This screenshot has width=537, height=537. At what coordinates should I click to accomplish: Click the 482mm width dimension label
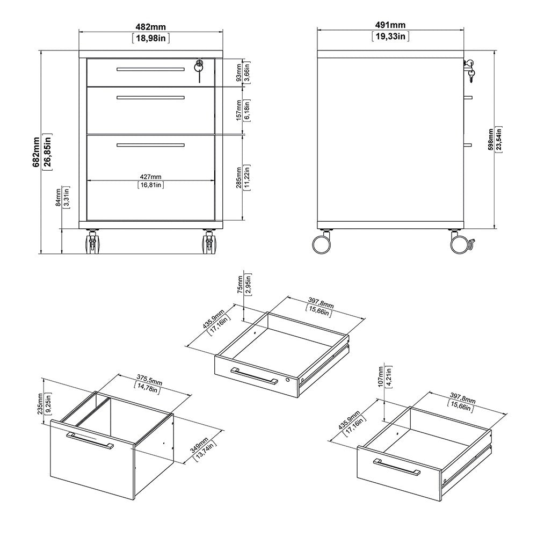tap(150, 25)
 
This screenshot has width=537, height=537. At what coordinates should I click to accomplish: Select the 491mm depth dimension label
tap(390, 25)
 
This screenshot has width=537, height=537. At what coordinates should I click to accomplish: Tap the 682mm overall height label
tap(37, 152)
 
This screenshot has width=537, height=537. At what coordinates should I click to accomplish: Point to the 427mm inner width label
tap(150, 177)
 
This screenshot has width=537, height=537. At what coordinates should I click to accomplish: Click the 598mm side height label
tap(490, 139)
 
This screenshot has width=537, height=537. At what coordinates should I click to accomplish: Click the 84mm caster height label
tap(57, 198)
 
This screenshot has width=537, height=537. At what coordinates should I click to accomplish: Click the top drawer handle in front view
tap(150, 69)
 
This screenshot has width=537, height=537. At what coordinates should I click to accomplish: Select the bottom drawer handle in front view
tap(150, 144)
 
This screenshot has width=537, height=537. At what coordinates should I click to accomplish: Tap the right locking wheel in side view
tap(460, 244)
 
